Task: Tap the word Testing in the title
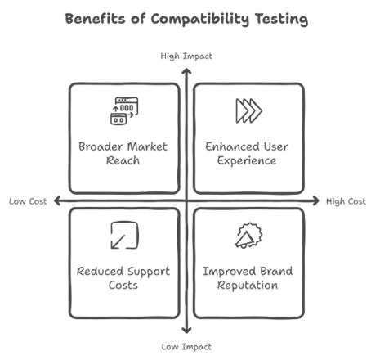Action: pyautogui.click(x=281, y=20)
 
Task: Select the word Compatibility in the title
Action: pyautogui.click(x=200, y=20)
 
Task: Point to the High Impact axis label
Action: pyautogui.click(x=186, y=56)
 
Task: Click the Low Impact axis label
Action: pyautogui.click(x=186, y=347)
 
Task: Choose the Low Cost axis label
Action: pyautogui.click(x=28, y=201)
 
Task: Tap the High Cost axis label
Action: pyautogui.click(x=346, y=201)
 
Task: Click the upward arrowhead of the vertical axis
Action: pyautogui.click(x=186, y=71)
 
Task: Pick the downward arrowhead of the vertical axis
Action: pyautogui.click(x=186, y=331)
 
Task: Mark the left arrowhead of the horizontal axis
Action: pyautogui.click(x=56, y=201)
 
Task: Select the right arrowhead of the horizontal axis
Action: pyautogui.click(x=316, y=201)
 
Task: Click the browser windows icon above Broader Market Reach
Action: pyautogui.click(x=124, y=111)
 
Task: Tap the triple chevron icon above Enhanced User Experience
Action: pyautogui.click(x=248, y=110)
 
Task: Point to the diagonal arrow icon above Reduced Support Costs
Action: pyautogui.click(x=124, y=236)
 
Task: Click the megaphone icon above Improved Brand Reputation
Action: pyautogui.click(x=248, y=236)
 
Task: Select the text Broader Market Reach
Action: pyautogui.click(x=123, y=154)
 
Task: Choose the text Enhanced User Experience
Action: pyautogui.click(x=247, y=154)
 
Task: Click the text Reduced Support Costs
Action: pyautogui.click(x=123, y=278)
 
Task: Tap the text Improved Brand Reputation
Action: pyautogui.click(x=248, y=278)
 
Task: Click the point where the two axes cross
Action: pyautogui.click(x=186, y=201)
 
